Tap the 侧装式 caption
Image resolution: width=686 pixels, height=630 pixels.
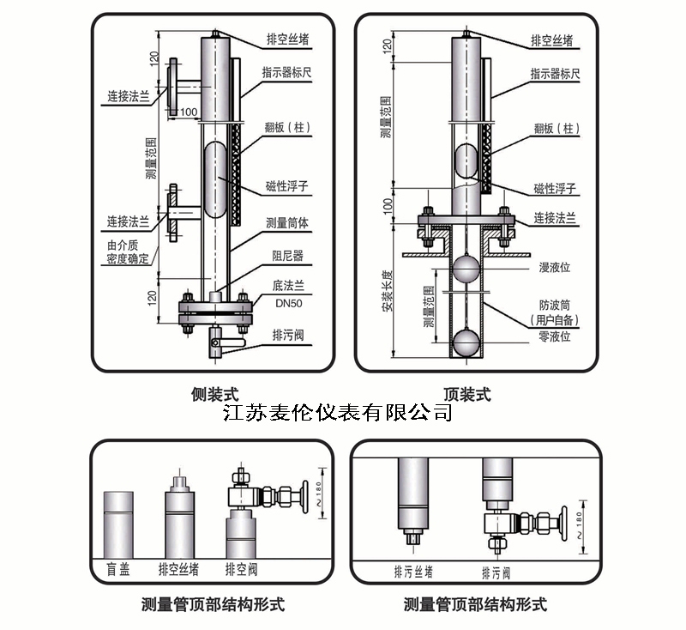pos(214,394)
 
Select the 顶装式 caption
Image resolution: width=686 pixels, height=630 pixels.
pos(467,394)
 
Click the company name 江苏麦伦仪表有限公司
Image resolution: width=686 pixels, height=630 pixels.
pos(337,413)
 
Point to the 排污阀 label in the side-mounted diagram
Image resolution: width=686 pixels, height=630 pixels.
pos(288,334)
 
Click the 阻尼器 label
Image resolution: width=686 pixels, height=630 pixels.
pos(288,255)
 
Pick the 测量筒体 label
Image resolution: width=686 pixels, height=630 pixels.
pos(287,222)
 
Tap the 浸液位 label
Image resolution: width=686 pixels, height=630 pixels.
pos(555,267)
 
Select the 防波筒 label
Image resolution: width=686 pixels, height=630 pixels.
pos(555,304)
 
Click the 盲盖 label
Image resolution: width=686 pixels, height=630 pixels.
pos(117,569)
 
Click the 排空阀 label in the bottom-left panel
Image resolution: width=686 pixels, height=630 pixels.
pos(242,569)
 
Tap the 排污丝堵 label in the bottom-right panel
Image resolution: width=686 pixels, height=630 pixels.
pos(412,572)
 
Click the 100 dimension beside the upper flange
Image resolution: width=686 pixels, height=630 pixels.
pos(189,112)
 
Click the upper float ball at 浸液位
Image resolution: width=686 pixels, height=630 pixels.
pos(467,268)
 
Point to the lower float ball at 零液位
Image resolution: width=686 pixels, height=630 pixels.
pos(467,341)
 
